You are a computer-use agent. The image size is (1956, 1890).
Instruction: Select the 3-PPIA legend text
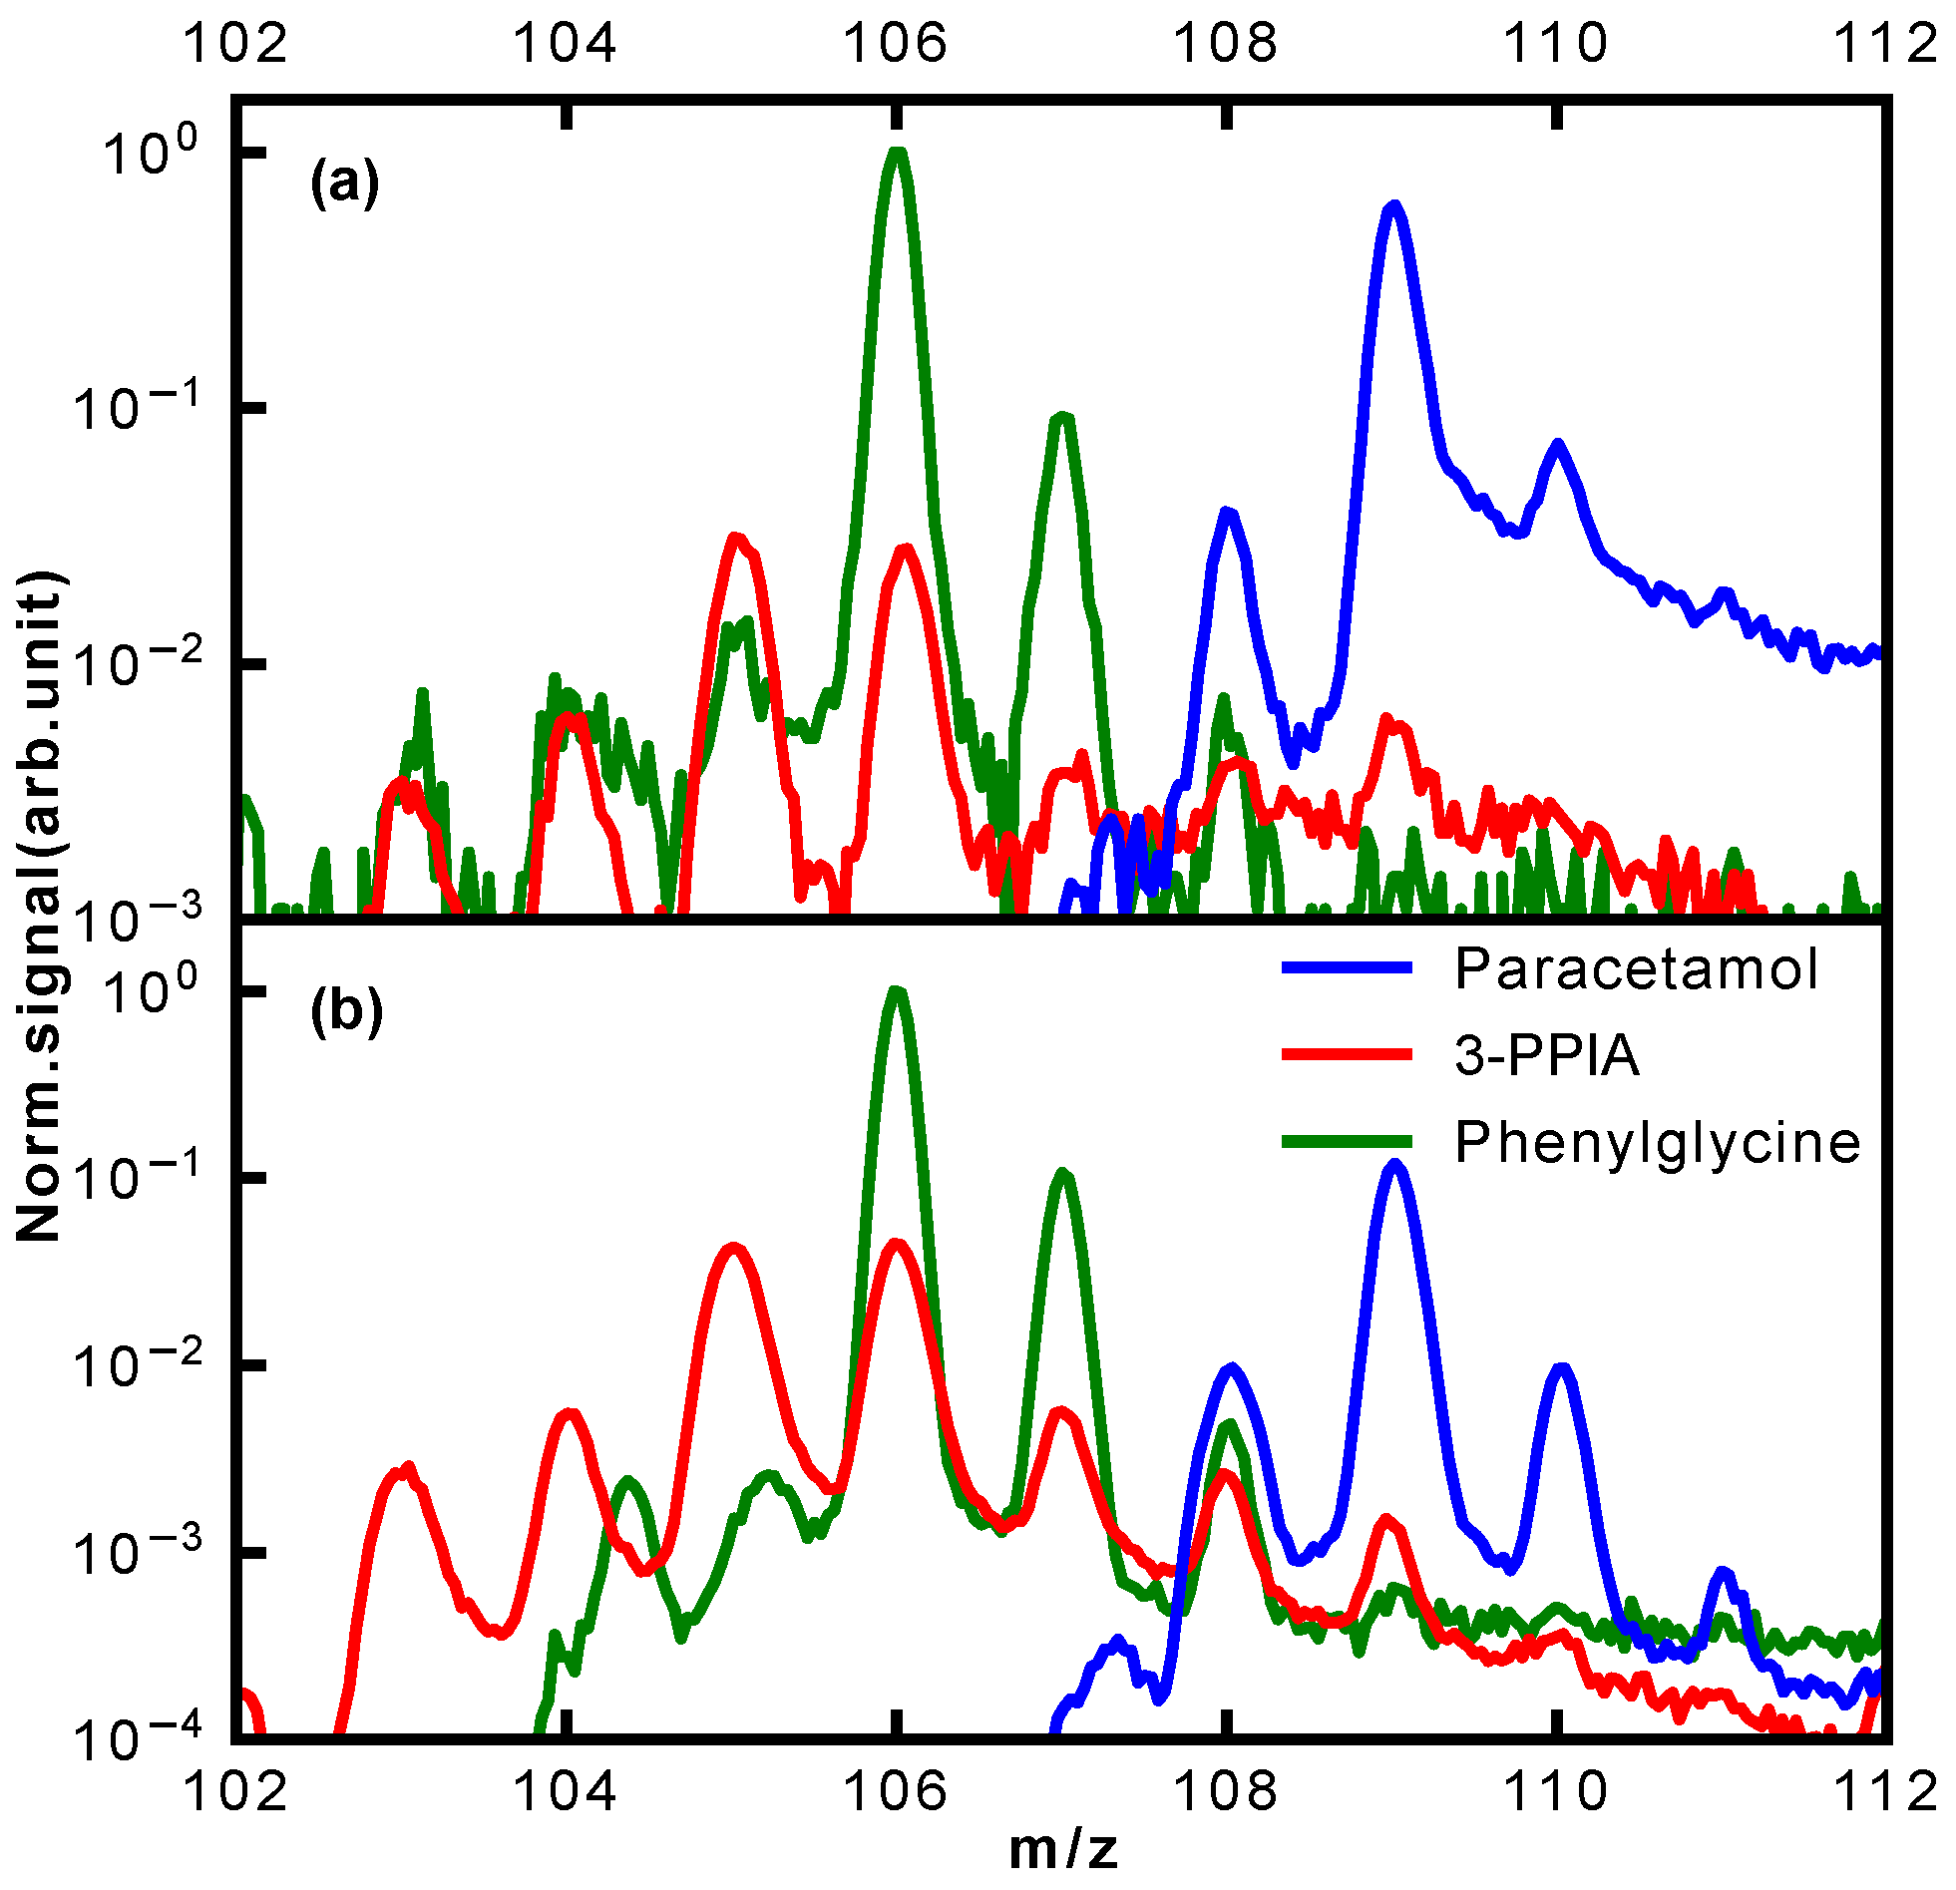point(1547,1055)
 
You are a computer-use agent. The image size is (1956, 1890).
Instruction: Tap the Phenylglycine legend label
point(1658,1142)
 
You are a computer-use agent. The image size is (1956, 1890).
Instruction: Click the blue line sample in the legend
point(1348,967)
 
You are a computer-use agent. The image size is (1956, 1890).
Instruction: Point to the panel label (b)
point(346,1012)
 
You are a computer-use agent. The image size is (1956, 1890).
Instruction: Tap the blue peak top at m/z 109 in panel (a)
point(1394,206)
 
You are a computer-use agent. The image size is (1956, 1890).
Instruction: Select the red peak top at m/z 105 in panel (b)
point(733,1249)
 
